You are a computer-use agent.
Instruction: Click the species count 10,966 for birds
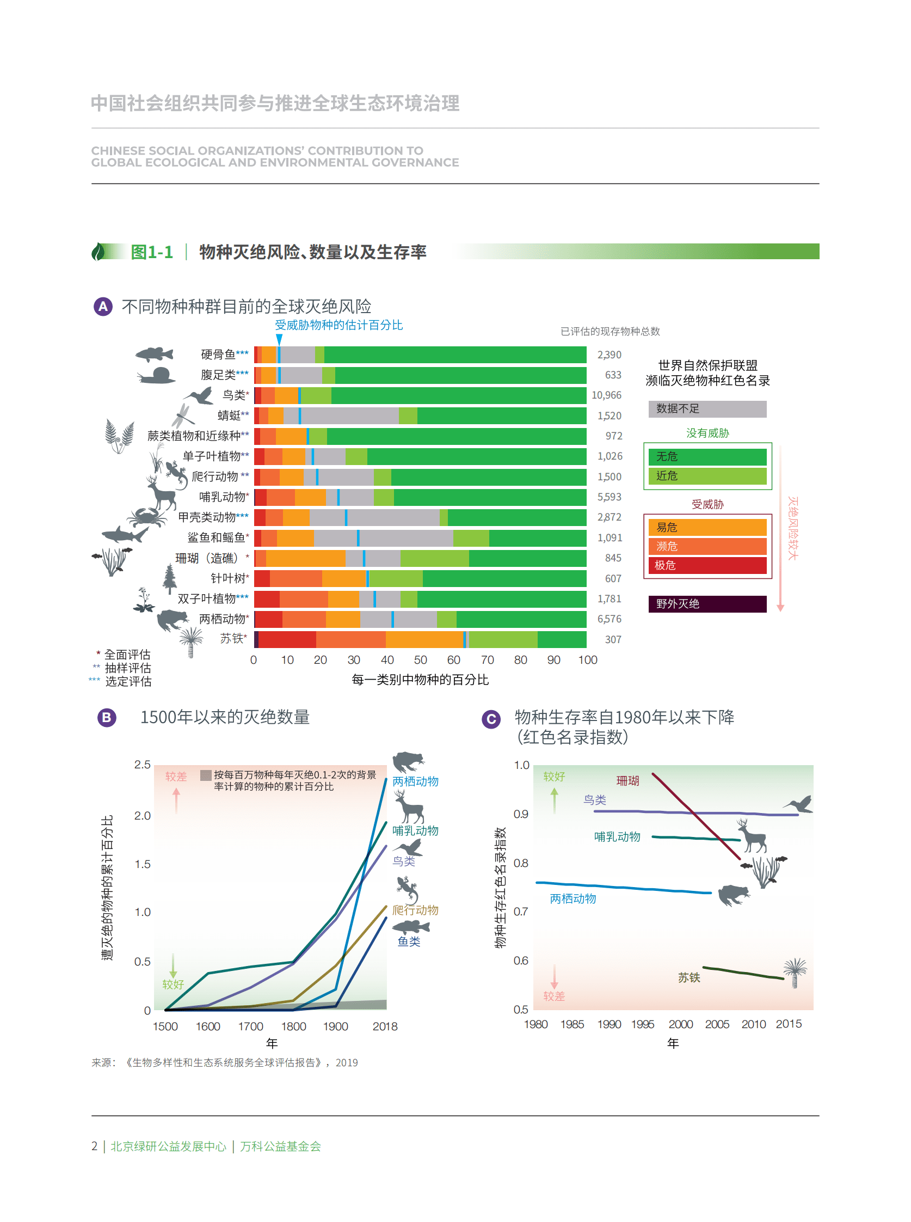(606, 395)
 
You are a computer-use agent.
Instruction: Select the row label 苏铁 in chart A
(232, 638)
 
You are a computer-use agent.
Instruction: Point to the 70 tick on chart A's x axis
(487, 660)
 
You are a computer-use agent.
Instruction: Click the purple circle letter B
(107, 717)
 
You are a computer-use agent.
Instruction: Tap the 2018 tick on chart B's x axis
(384, 1026)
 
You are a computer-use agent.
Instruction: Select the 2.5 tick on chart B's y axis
(142, 765)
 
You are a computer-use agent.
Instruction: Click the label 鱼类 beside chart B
(409, 942)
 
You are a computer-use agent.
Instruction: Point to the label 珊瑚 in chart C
(627, 781)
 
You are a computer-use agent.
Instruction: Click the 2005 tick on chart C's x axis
(716, 1024)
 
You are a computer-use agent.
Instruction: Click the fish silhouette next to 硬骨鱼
(154, 353)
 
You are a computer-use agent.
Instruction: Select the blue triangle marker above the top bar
(279, 339)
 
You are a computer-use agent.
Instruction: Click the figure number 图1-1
(152, 252)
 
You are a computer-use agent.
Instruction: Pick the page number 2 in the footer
(94, 1146)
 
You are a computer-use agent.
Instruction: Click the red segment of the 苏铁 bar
(287, 639)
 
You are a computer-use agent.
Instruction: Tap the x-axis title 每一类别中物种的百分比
(420, 680)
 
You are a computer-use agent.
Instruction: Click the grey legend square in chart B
(206, 775)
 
